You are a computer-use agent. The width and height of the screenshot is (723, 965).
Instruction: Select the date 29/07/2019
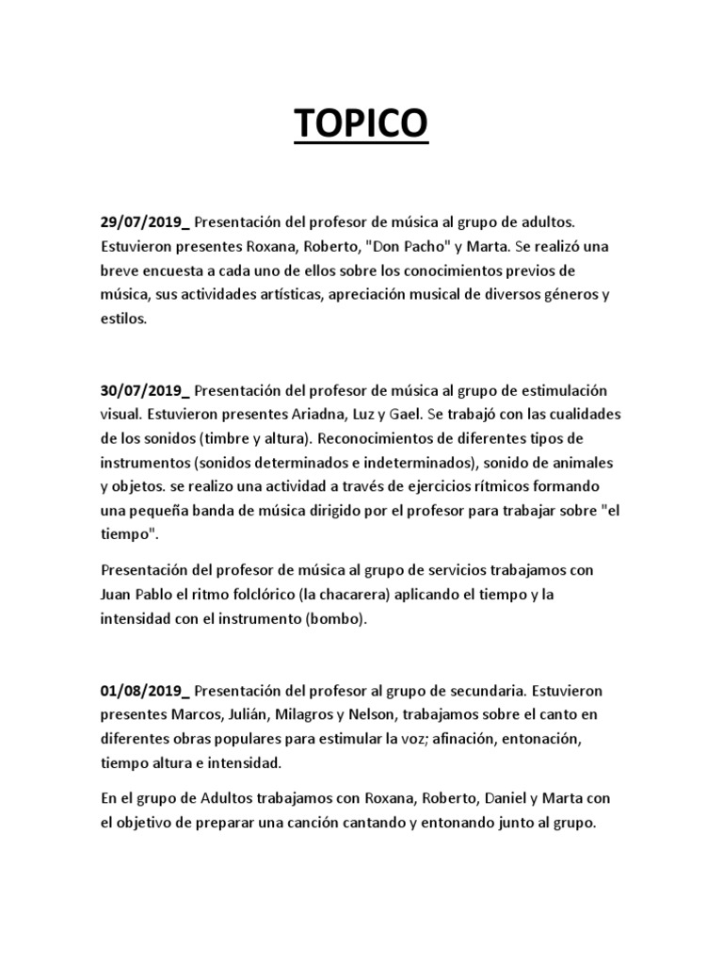(142, 221)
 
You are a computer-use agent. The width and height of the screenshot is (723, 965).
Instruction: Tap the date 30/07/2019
(142, 391)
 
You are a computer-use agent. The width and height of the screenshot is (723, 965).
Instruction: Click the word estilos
(123, 319)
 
